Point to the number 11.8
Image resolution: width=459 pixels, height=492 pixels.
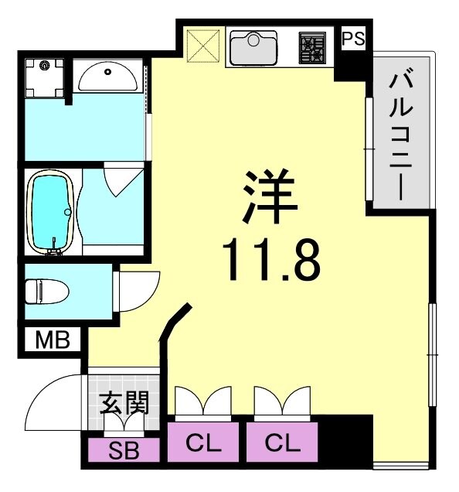tap(270, 261)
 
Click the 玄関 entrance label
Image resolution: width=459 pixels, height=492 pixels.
tap(124, 402)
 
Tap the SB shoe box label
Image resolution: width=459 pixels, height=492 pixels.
tap(124, 450)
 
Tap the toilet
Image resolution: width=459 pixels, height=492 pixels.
tap(46, 291)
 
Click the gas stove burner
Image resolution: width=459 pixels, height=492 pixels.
tap(314, 49)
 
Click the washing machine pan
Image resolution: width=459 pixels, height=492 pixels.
tap(44, 77)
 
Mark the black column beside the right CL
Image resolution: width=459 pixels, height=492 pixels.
tap(345, 441)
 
